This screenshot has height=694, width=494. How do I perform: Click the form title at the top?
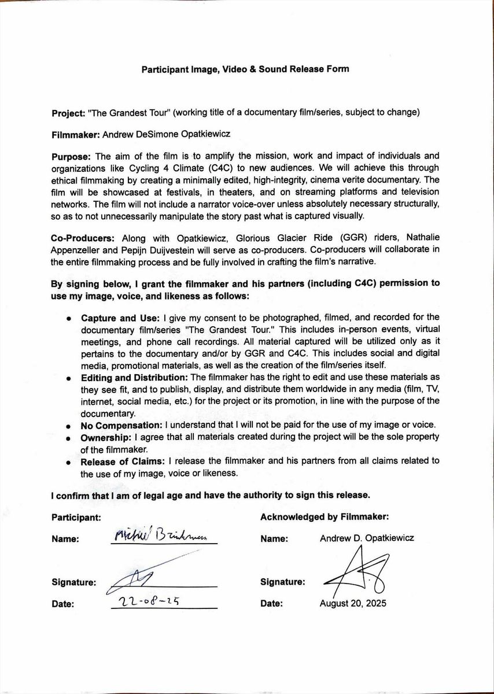coord(245,69)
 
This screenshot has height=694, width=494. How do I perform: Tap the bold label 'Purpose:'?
coord(71,157)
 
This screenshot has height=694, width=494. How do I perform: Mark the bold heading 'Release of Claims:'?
coord(123,462)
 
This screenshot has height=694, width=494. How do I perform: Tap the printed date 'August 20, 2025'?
coord(353,603)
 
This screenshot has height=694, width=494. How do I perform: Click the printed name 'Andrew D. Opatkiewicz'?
coord(367,538)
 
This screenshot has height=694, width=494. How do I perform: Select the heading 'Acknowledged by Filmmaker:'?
coord(325,516)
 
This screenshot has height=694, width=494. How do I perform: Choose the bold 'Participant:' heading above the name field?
coord(76,516)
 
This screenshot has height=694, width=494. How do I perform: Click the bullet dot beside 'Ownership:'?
coord(69,438)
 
